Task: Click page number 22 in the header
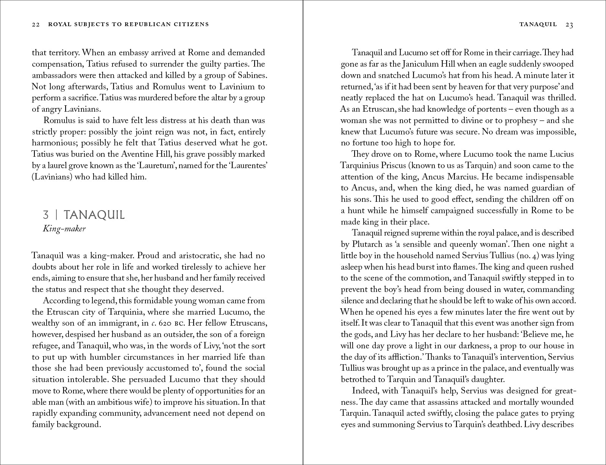click(x=36, y=25)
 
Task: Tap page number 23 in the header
click(x=569, y=25)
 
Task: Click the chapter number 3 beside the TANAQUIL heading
click(x=46, y=215)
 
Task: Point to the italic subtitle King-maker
click(x=64, y=229)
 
